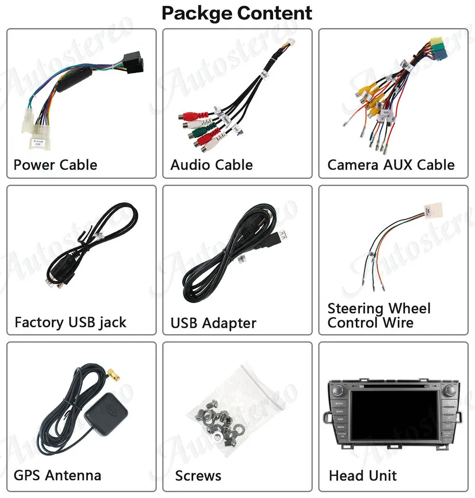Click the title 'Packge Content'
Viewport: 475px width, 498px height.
(x=237, y=13)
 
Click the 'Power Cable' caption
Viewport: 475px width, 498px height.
(x=55, y=165)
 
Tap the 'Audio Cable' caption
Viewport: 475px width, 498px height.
(x=211, y=165)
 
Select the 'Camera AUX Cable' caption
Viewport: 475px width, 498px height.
(x=390, y=165)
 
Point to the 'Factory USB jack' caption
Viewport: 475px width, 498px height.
(x=70, y=322)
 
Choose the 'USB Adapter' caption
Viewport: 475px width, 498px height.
(x=213, y=323)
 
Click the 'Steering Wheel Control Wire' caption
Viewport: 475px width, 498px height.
(x=379, y=315)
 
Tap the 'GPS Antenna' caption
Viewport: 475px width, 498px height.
(x=57, y=475)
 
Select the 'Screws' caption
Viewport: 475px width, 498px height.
(x=198, y=476)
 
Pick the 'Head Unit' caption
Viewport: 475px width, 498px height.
(x=362, y=476)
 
